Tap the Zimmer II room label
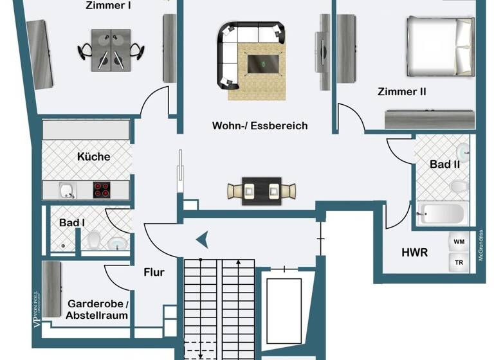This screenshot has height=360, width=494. click(401, 92)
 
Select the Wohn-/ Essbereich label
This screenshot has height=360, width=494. click(260, 126)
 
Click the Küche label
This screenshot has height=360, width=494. click(93, 156)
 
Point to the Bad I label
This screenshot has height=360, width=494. click(71, 222)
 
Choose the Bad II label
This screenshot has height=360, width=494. click(444, 165)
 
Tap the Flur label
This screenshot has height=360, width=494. click(154, 272)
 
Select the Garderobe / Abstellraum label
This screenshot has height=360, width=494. click(97, 309)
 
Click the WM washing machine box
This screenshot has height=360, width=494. click(459, 242)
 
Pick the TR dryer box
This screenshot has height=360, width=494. click(459, 263)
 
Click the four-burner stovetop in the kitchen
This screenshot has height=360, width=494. click(102, 190)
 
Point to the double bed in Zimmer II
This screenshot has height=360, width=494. click(439, 45)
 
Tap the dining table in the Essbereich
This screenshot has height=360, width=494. click(262, 191)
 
